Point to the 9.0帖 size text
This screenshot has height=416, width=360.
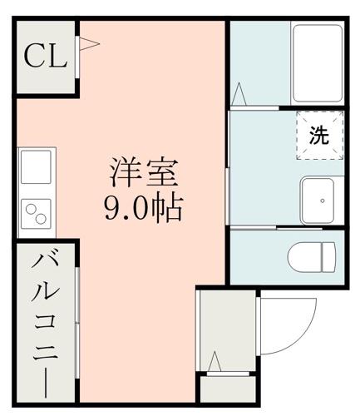(143, 208)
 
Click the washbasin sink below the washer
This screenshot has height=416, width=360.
(320, 200)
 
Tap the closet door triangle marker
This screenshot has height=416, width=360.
(86, 42)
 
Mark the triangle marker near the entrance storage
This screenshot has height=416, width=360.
(215, 363)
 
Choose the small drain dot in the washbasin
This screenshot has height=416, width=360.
(322, 201)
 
